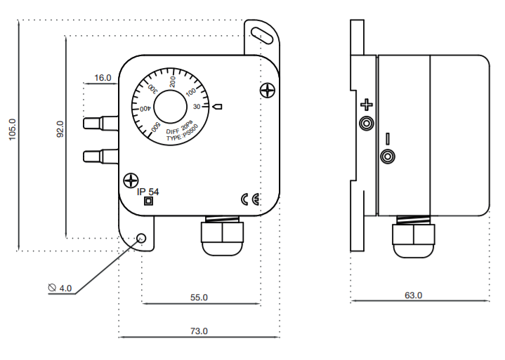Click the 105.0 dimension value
point(12,129)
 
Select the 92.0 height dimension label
point(60,129)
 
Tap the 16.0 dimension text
point(103,78)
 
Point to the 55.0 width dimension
point(199,298)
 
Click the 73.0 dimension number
point(199,331)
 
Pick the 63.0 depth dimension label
point(413,295)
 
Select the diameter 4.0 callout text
point(60,288)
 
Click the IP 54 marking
point(147,192)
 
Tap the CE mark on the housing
point(250,200)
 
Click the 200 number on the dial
point(173,81)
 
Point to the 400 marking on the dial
point(145,109)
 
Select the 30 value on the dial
point(197,107)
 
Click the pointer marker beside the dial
point(218,107)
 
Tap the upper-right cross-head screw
point(268,90)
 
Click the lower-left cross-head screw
point(131,180)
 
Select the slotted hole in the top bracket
point(262,35)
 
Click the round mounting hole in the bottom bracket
point(141,238)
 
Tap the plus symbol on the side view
point(367,105)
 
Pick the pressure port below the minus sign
point(388,156)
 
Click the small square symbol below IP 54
point(148,201)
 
